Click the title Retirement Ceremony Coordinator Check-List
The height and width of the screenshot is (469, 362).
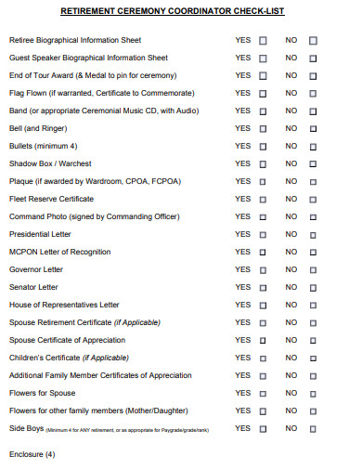coord(173,12)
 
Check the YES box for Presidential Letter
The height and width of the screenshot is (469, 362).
coord(263,234)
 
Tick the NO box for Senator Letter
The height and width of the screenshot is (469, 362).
coord(312,287)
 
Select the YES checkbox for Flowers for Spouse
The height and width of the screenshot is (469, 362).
coord(263,393)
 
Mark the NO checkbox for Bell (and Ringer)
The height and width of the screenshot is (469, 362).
coord(312,128)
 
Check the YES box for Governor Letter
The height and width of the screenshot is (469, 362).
coord(263,269)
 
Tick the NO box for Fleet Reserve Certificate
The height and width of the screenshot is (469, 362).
coord(312,199)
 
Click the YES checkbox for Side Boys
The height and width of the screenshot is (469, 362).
coord(263,428)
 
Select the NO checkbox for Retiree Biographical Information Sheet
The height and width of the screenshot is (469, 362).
coord(312,41)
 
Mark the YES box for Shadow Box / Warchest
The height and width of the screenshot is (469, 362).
coord(263,163)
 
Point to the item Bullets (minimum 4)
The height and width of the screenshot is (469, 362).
coord(43,146)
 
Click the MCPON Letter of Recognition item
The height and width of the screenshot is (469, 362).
coord(59,252)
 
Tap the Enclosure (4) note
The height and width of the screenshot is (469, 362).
coord(32,454)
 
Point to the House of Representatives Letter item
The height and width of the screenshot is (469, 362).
coord(64,305)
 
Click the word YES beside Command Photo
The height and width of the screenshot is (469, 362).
coord(242,216)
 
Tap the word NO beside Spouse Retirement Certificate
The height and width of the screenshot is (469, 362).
coord(291,322)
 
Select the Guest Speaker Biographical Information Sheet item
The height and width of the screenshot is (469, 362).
coord(88,58)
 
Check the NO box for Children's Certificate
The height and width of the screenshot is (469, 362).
coord(312,358)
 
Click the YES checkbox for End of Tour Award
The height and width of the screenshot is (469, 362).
coord(263,75)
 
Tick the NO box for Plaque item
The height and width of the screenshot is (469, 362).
coord(312,181)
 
